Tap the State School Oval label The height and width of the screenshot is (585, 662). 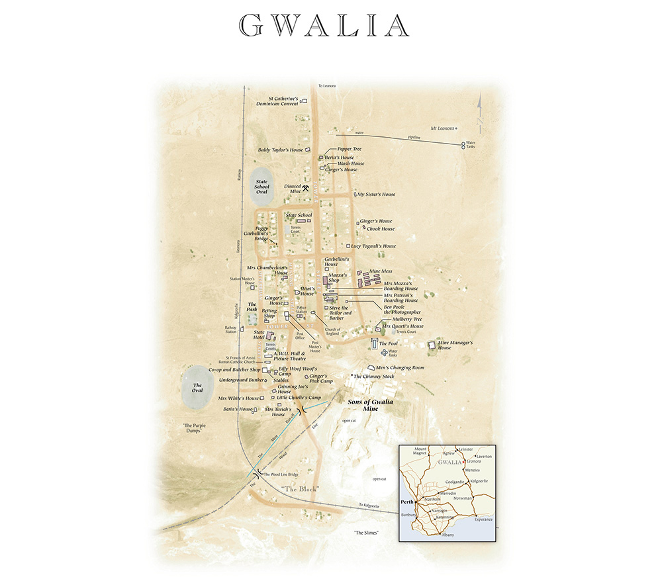coord(261,187)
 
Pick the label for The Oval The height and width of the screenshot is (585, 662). coord(197,388)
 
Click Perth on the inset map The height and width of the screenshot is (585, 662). coord(407,502)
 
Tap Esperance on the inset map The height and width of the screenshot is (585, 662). coord(483,519)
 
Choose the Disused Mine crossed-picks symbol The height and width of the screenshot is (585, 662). coord(307,189)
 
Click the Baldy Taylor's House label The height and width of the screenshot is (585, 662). coord(281,150)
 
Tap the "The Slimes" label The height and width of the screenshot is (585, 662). coord(366,532)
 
